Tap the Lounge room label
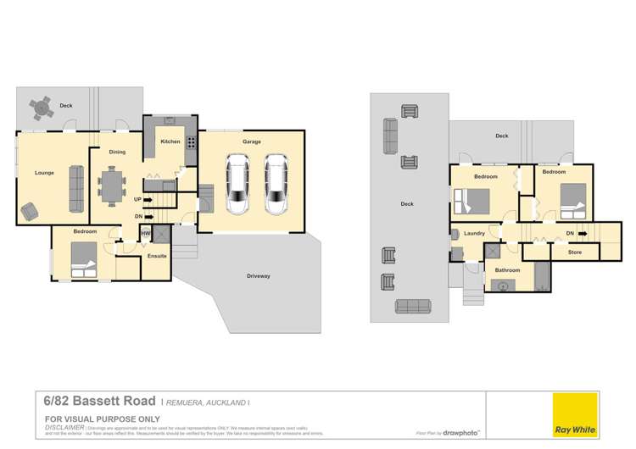coord(44,173)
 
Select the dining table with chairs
coord(110,185)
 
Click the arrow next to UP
coord(148,200)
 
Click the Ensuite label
coord(156,255)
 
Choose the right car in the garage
coord(276,184)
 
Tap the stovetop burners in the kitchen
coord(191,142)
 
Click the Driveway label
coord(259,276)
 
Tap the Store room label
coord(574,252)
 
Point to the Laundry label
coord(473,234)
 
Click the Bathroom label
coord(507,270)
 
